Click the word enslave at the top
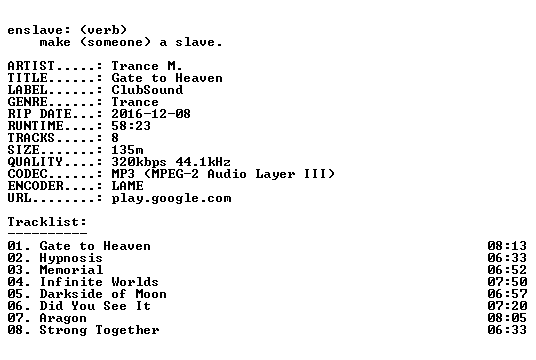(35, 30)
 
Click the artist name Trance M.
(147, 66)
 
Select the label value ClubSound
(147, 90)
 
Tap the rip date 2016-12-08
(151, 114)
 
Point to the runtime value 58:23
(131, 125)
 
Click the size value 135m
(127, 149)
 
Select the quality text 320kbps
(139, 161)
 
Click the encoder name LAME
(127, 186)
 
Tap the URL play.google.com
(171, 198)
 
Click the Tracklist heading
(47, 222)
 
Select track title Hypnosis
(71, 258)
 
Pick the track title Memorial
(71, 270)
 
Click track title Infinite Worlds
(99, 282)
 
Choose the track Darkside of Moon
(103, 294)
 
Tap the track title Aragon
(63, 318)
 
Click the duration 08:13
(507, 246)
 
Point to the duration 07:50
(507, 282)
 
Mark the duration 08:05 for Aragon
(507, 318)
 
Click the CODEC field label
(27, 174)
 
